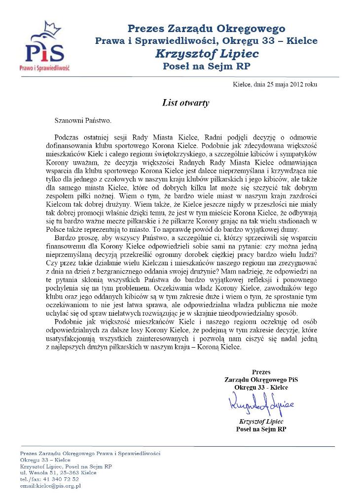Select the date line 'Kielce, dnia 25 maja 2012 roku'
pyautogui.click(x=275, y=84)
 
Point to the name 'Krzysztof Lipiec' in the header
pyautogui.click(x=206, y=53)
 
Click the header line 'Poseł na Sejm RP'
pyautogui.click(x=206, y=65)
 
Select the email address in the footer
pyautogui.click(x=50, y=486)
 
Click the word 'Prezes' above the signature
pyautogui.click(x=261, y=372)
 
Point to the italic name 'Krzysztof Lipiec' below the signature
pyautogui.click(x=261, y=422)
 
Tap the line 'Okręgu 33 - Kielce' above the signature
pyautogui.click(x=261, y=388)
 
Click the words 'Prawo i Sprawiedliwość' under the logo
pyautogui.click(x=44, y=67)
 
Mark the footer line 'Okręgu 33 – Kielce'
pyautogui.click(x=38, y=460)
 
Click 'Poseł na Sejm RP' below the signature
pyautogui.click(x=261, y=429)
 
